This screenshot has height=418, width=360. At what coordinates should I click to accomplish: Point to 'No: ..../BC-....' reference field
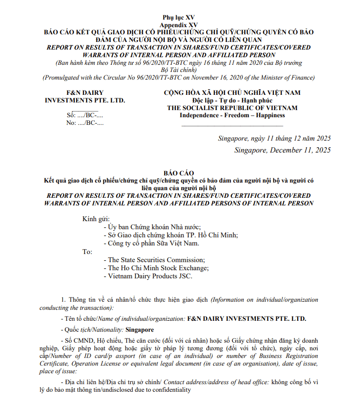tap(85, 122)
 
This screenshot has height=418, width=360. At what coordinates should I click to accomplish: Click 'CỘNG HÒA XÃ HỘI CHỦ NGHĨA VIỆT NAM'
tap(232, 92)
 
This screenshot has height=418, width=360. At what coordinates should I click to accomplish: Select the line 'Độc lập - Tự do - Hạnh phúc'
tap(232, 100)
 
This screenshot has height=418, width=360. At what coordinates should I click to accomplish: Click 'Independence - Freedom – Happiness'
tap(232, 115)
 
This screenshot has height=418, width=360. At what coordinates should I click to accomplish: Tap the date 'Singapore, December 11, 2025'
tap(282, 150)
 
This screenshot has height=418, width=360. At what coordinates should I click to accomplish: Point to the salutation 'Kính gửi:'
tap(96, 219)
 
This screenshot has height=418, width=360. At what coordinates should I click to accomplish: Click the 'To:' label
tap(87, 251)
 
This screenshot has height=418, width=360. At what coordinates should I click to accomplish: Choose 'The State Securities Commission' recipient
tap(157, 260)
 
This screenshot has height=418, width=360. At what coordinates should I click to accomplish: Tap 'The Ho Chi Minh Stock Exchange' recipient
tap(159, 268)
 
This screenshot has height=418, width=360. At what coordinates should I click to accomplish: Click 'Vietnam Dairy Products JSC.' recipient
tap(151, 276)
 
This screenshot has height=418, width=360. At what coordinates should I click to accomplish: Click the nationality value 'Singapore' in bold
tap(140, 330)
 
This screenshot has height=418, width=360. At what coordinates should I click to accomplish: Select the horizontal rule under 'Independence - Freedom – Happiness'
tap(232, 125)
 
